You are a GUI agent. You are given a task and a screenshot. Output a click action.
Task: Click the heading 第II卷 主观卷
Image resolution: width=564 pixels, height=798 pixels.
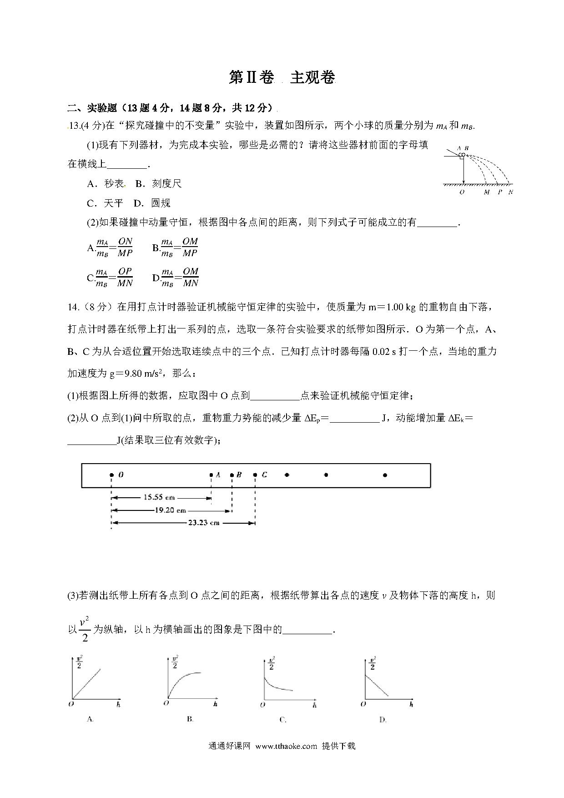pyautogui.click(x=282, y=78)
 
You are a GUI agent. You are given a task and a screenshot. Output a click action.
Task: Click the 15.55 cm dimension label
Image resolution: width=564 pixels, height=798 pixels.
pyautogui.click(x=159, y=497)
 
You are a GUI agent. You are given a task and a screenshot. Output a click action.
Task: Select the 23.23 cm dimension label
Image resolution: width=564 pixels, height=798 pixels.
pyautogui.click(x=203, y=523)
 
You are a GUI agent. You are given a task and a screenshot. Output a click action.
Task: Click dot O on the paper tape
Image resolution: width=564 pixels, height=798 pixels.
pyautogui.click(x=111, y=475)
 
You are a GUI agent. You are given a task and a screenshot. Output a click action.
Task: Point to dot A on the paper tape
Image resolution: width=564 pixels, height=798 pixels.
pyautogui.click(x=211, y=475)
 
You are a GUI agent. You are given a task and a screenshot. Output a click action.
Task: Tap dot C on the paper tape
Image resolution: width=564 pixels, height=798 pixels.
pyautogui.click(x=255, y=475)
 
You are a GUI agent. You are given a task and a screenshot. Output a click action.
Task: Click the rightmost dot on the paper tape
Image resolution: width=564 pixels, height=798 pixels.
pyautogui.click(x=385, y=475)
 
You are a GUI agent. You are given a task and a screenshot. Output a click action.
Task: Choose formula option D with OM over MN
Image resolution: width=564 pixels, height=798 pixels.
pyautogui.click(x=176, y=277)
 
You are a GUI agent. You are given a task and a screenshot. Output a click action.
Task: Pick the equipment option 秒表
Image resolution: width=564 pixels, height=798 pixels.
pyautogui.click(x=106, y=183)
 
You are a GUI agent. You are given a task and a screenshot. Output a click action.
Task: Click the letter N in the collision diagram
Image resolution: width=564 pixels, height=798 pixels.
pyautogui.click(x=510, y=192)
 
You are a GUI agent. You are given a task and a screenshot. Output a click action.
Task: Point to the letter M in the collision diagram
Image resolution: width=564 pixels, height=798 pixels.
pyautogui.click(x=487, y=192)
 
